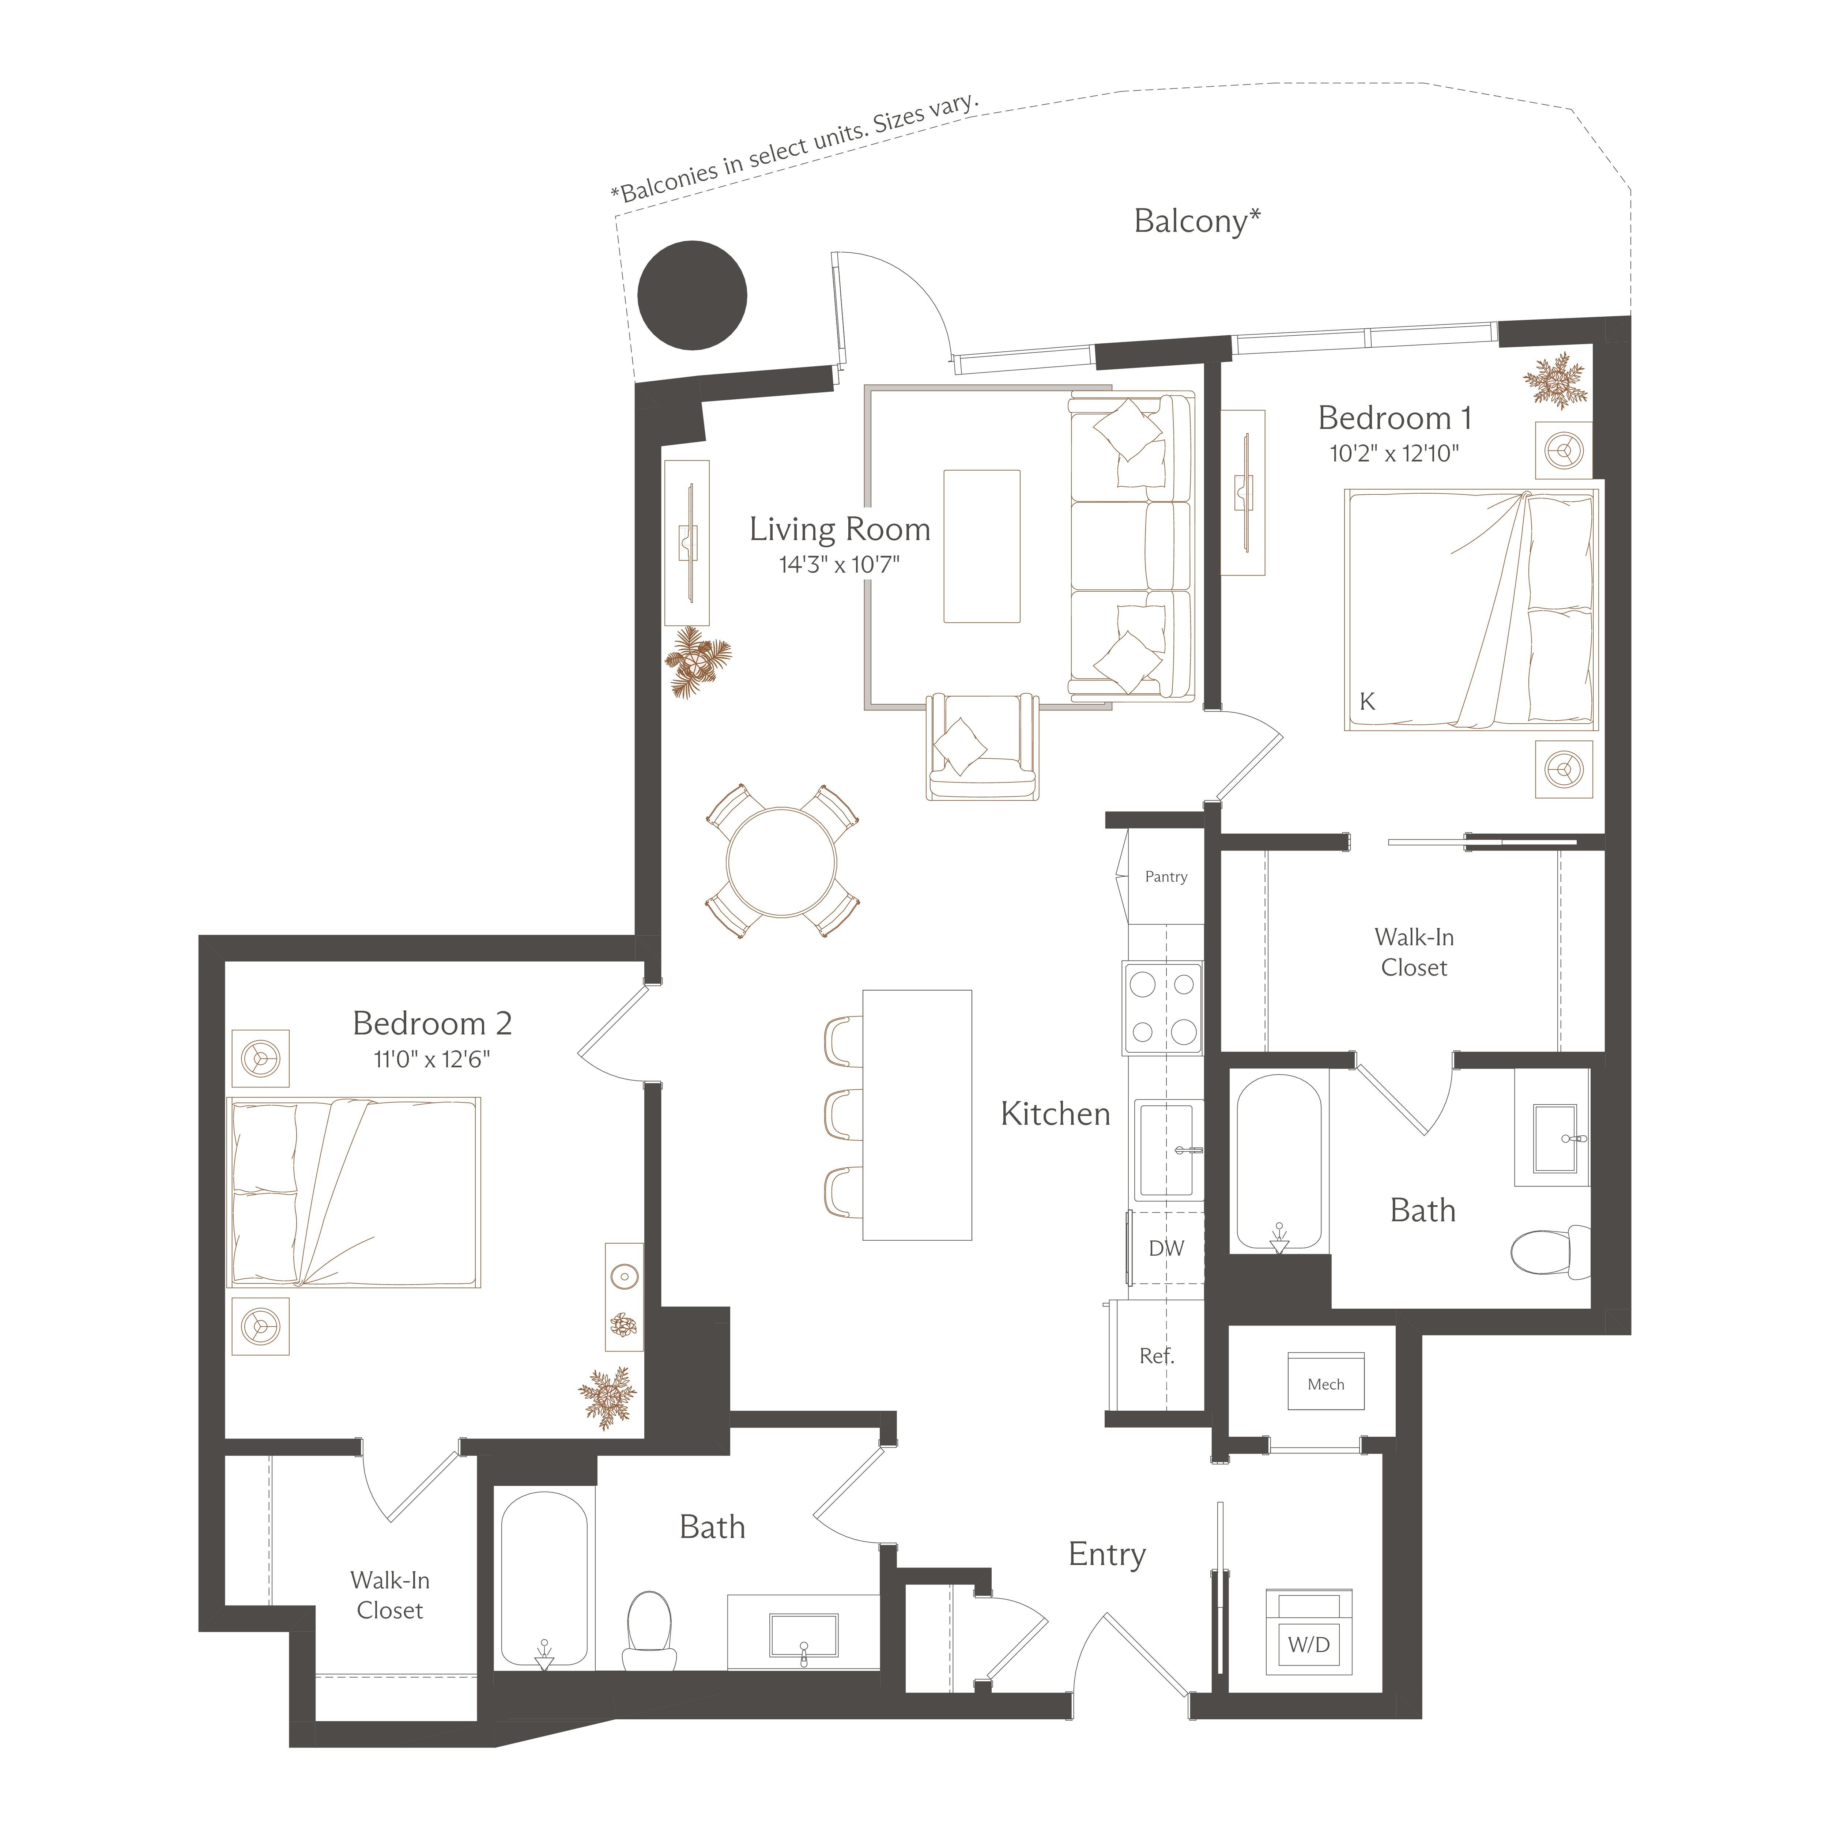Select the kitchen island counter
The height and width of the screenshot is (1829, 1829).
pos(916,1114)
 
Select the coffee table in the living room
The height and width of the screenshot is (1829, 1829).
pos(982,546)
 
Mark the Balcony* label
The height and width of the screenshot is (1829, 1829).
pos(1197,222)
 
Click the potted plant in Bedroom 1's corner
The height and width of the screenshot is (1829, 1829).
pos(1554,381)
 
